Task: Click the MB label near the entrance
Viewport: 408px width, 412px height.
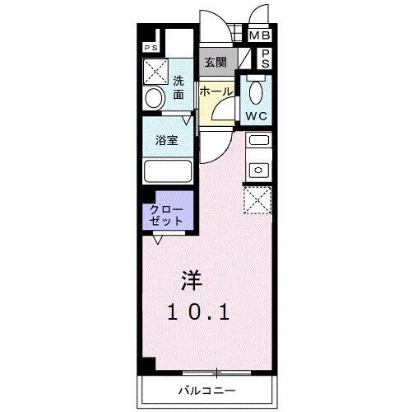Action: [260, 35]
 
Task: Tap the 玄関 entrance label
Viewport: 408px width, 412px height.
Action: [216, 60]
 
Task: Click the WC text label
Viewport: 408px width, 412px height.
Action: [256, 116]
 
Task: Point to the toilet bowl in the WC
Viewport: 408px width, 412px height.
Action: [256, 91]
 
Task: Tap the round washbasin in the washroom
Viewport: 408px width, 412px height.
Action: [154, 98]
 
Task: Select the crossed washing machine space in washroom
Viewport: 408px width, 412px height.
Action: [155, 70]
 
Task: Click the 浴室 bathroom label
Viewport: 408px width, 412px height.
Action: [167, 140]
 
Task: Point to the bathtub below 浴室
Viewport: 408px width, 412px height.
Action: [168, 172]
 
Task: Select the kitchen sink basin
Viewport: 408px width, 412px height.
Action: [257, 170]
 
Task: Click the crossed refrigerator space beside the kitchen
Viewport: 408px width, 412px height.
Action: [257, 199]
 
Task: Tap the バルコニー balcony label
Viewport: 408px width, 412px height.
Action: [205, 389]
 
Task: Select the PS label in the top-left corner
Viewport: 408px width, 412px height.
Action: [151, 48]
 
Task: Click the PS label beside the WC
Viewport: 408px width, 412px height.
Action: [267, 58]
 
